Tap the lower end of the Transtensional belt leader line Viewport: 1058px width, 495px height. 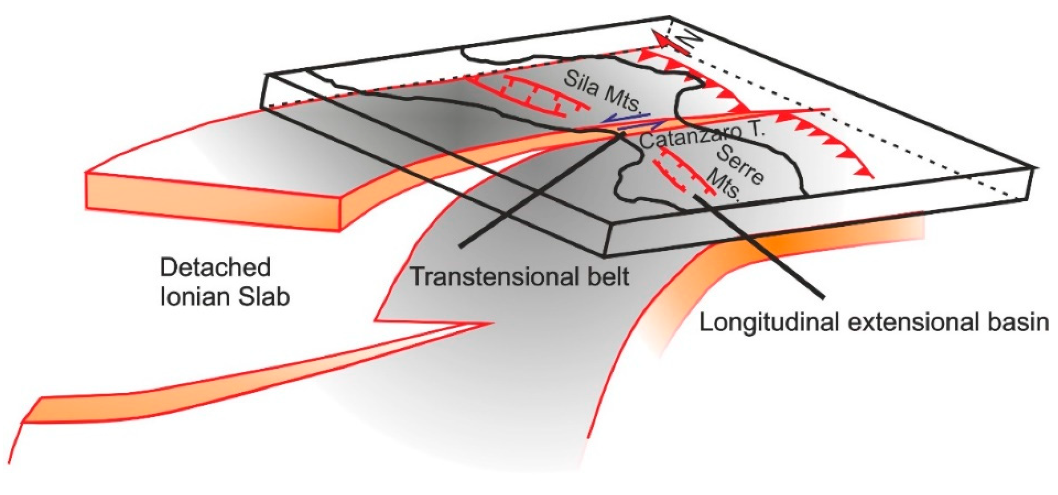pos(462,246)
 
